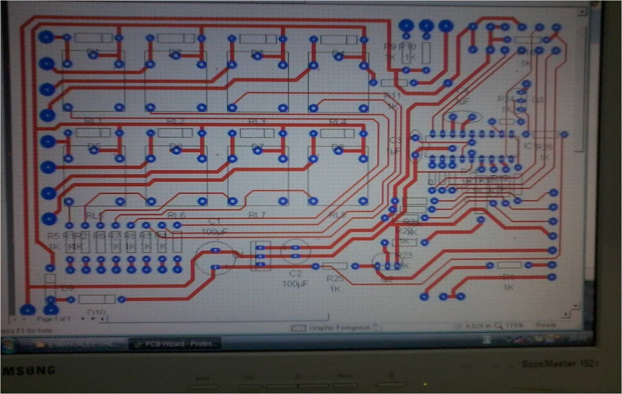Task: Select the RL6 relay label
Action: (176, 215)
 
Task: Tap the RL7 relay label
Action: (257, 215)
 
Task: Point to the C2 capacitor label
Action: (295, 273)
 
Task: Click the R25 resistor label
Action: (335, 278)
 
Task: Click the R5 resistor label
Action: (53, 236)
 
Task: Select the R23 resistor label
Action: (404, 255)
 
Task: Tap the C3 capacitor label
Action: (395, 140)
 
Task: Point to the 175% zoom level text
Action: (514, 325)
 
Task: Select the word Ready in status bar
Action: (546, 325)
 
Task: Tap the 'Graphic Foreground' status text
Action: (339, 328)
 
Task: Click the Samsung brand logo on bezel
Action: (29, 371)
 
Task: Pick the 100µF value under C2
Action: (295, 284)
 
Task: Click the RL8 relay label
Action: (338, 215)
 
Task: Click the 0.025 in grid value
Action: (478, 326)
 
